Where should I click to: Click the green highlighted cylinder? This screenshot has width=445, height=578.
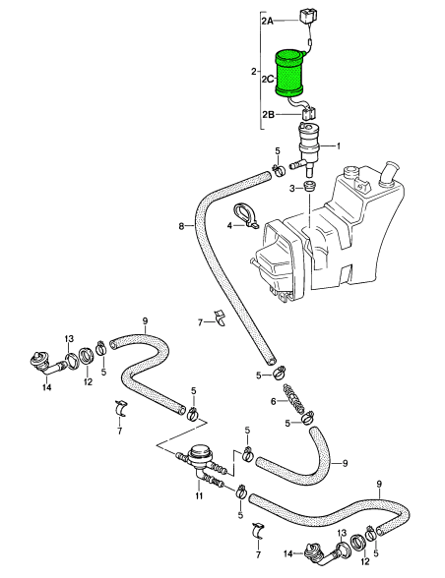(x=289, y=75)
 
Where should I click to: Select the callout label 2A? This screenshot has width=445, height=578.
(x=268, y=21)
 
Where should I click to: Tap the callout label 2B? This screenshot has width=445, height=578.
(x=269, y=115)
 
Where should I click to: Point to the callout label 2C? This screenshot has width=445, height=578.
(x=268, y=79)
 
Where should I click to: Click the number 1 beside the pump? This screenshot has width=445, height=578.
(x=338, y=145)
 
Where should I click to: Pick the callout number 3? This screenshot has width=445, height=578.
(x=292, y=189)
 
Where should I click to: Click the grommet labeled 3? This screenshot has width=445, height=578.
(x=309, y=186)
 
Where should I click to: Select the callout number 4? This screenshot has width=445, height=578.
(x=229, y=226)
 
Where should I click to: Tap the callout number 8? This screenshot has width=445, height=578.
(x=181, y=226)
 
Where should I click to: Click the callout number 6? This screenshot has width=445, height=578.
(x=274, y=401)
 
